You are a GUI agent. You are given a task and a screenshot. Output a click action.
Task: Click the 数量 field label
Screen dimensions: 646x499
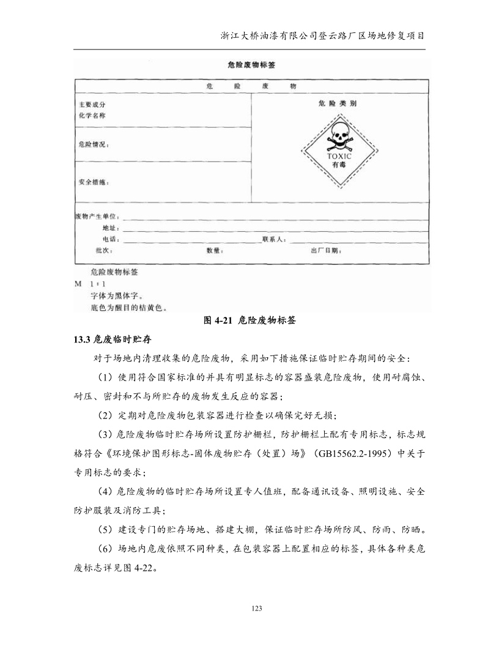pos(215,251)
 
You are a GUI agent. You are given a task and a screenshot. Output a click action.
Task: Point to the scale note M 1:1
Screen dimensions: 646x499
pos(90,284)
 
